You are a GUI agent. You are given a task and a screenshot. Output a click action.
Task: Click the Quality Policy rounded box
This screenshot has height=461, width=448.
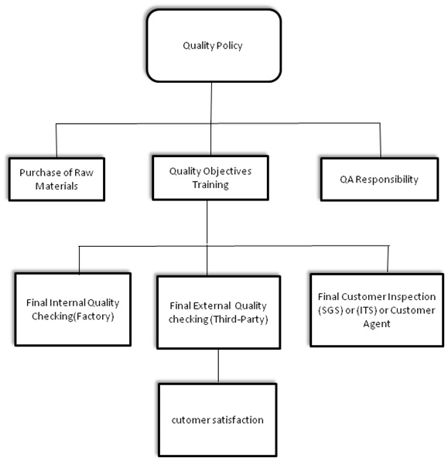pyautogui.click(x=214, y=46)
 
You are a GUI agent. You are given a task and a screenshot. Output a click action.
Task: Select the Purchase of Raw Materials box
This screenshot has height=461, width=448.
pyautogui.click(x=56, y=179)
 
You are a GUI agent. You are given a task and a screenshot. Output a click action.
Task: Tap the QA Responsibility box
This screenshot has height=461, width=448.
pyautogui.click(x=379, y=179)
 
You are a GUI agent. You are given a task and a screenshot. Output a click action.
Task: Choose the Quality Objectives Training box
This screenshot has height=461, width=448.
pyautogui.click(x=210, y=178)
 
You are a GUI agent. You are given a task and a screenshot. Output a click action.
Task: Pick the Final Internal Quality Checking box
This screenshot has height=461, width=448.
pyautogui.click(x=73, y=309)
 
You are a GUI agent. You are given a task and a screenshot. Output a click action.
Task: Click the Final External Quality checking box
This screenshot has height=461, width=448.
pyautogui.click(x=218, y=312)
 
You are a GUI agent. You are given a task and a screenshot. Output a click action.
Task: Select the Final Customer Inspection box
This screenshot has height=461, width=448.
pyautogui.click(x=377, y=310)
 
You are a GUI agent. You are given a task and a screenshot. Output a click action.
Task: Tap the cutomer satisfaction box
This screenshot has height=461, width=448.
pyautogui.click(x=217, y=420)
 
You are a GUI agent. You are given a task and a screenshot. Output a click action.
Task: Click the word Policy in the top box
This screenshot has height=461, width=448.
pyautogui.click(x=229, y=46)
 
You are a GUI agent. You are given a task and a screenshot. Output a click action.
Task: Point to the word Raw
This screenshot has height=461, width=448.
pyautogui.click(x=84, y=172)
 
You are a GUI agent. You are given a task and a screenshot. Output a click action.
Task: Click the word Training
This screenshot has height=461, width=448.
pyautogui.click(x=210, y=185)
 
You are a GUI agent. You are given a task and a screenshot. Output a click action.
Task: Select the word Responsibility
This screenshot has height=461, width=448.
pyautogui.click(x=387, y=179)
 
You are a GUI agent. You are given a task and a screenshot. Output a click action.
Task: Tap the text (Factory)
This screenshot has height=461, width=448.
pyautogui.click(x=93, y=316)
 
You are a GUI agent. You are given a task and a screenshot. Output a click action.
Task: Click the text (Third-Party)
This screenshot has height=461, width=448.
pyautogui.click(x=239, y=319)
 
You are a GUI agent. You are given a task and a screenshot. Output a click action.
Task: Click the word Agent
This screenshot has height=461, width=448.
pyautogui.click(x=377, y=324)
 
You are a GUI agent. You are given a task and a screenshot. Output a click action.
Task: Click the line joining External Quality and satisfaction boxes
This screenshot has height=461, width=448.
pyautogui.click(x=218, y=366)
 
